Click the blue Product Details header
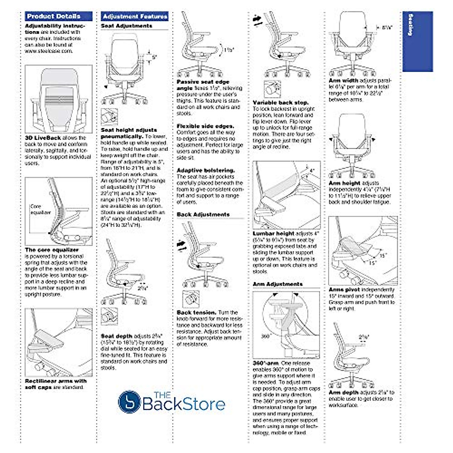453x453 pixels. pos(59,16)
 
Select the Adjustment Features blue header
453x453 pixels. pos(135,16)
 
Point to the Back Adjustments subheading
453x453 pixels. pos(203,214)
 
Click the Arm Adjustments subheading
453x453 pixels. pos(277,284)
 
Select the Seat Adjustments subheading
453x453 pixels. pos(126,26)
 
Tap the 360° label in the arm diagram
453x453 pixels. pos(266,336)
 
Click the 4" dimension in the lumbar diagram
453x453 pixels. pos(312,171)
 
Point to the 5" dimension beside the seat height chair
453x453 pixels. pos(154,57)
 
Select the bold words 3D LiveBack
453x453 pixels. pos(43,138)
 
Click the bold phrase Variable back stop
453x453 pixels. pos(280,103)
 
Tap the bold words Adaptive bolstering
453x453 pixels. pos(206,170)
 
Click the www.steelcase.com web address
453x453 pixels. pos(49,51)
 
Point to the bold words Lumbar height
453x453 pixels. pos(274,234)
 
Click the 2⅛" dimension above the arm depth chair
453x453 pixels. pos(364,337)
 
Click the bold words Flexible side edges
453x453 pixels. pos(205,126)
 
